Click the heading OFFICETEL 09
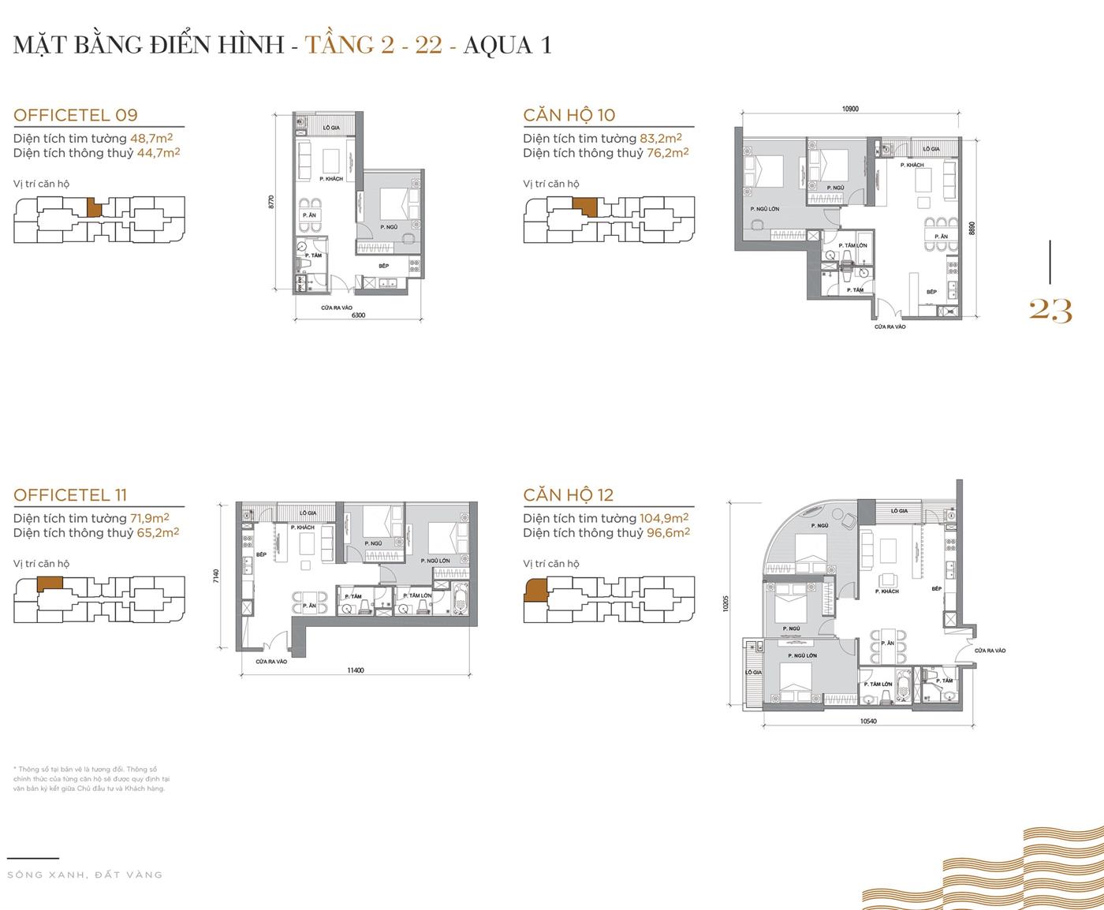76,115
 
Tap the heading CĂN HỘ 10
569,115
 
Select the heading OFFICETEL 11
70,495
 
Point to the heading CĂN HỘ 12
568,495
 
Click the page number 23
1050,311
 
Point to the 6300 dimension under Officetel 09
358,315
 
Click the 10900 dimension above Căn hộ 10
849,109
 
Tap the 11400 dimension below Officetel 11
355,670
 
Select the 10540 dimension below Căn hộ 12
867,721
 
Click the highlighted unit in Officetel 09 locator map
94,207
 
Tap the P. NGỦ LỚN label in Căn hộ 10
764,209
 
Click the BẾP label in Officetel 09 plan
383,266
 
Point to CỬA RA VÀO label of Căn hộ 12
990,651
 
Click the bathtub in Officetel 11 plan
461,602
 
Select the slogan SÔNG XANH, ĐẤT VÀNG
84,875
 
